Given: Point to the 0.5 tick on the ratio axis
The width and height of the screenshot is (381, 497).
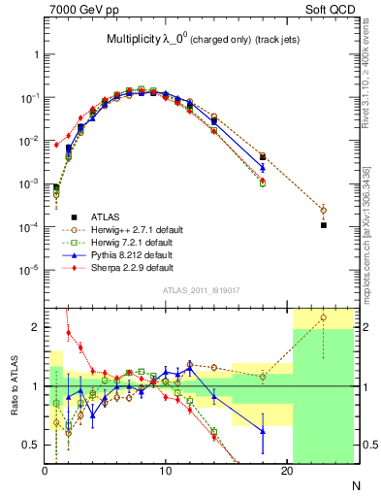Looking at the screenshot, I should [x=31, y=445].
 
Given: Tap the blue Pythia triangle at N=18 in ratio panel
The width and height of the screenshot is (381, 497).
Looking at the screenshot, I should [x=263, y=431].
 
